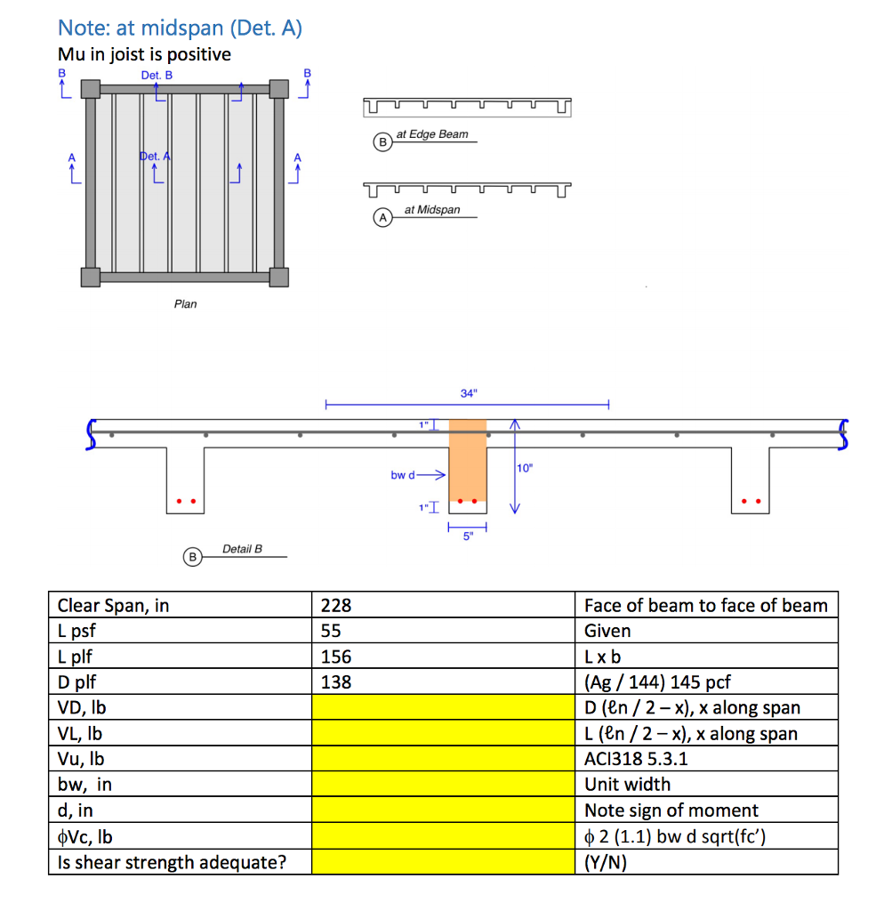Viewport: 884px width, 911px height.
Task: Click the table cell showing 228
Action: point(443,606)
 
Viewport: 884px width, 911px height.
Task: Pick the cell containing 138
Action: point(443,682)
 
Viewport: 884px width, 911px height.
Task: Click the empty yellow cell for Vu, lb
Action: point(443,760)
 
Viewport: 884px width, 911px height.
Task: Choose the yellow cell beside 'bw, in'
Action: point(443,785)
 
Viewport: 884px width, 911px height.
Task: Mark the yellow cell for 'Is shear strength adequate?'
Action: point(443,862)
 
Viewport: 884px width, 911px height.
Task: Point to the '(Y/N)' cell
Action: point(606,862)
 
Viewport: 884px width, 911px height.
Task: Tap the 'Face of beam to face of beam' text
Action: point(705,606)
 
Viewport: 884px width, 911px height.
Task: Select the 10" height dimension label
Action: point(525,468)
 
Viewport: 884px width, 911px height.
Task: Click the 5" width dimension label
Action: point(467,536)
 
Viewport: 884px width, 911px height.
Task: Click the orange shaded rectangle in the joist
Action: point(467,461)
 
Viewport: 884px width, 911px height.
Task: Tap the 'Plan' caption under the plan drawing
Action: point(185,304)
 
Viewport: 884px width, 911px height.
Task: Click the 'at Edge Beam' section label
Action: point(432,134)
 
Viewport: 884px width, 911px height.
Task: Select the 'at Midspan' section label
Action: point(432,210)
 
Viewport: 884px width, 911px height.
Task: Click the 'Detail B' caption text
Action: point(242,550)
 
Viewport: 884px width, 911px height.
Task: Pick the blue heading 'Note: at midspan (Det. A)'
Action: point(180,28)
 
